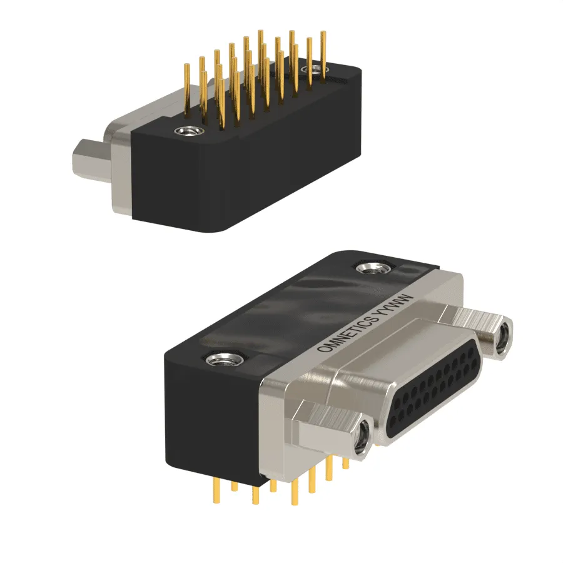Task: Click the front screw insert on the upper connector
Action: (189, 131)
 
